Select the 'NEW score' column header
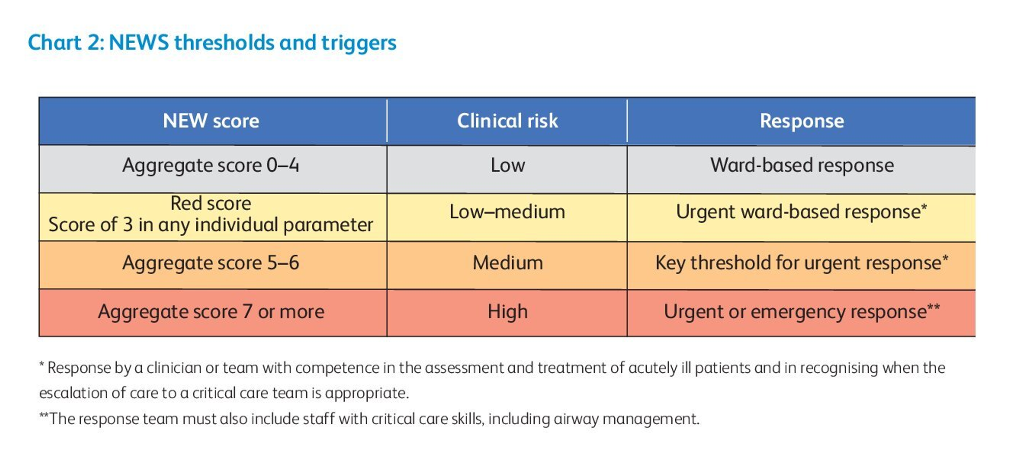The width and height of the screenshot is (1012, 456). (x=211, y=121)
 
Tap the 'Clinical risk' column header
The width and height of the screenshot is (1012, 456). (x=507, y=121)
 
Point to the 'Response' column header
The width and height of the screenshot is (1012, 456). (x=802, y=121)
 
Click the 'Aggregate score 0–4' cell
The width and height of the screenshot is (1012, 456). (x=210, y=165)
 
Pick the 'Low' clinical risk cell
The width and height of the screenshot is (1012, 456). (x=507, y=165)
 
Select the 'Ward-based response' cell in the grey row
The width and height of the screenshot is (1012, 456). (x=802, y=165)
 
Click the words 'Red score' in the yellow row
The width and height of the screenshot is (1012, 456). (x=210, y=203)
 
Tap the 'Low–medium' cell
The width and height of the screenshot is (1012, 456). (x=507, y=212)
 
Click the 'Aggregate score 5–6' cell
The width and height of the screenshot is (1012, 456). (x=210, y=263)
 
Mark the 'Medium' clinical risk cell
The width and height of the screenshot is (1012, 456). (x=507, y=263)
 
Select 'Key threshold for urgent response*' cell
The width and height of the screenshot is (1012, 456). (x=802, y=263)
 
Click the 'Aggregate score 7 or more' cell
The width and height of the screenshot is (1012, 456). (x=211, y=312)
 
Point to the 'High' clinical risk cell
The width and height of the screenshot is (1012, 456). (x=507, y=312)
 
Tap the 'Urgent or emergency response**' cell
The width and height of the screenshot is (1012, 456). (x=802, y=312)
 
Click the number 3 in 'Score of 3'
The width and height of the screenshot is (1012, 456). (x=128, y=225)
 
